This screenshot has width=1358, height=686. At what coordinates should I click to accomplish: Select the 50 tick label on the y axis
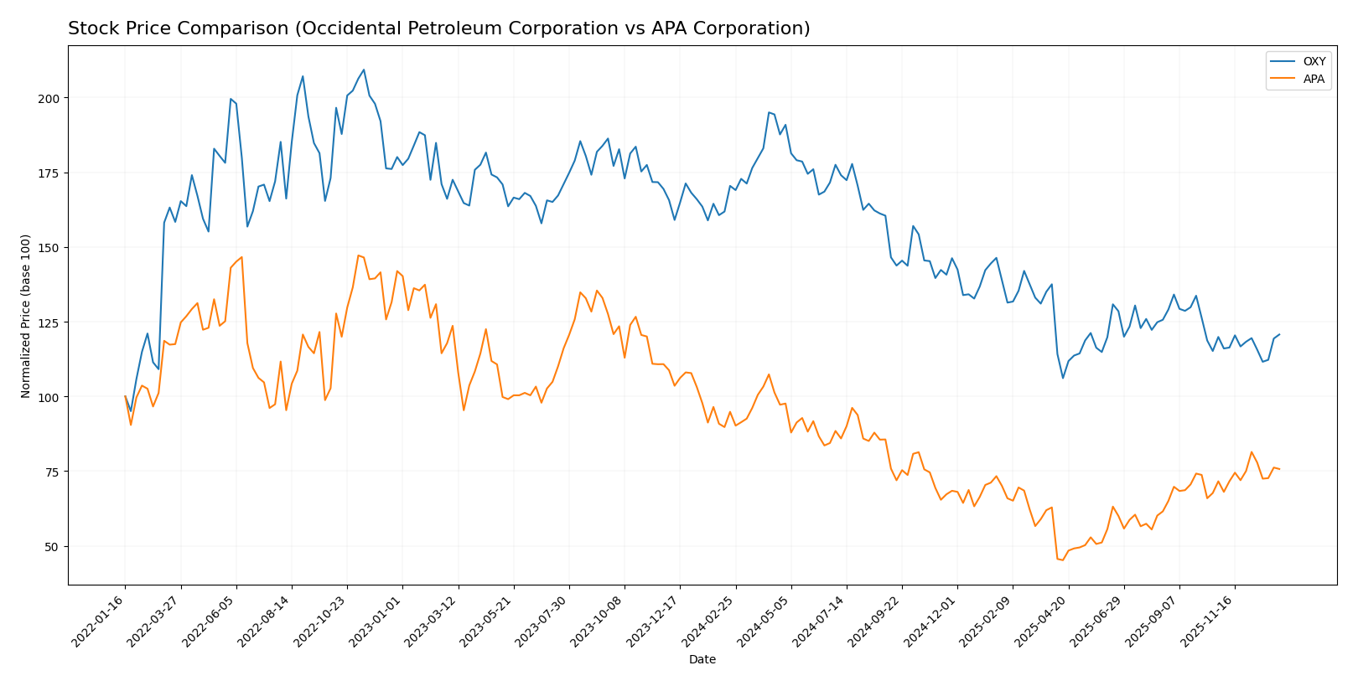pos(52,546)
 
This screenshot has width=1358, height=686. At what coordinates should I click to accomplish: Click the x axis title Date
pos(702,660)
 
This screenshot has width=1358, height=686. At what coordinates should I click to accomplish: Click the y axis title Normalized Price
pos(26,316)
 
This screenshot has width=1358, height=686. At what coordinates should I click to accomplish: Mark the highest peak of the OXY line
pos(363,70)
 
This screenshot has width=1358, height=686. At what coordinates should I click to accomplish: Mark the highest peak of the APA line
pos(358,255)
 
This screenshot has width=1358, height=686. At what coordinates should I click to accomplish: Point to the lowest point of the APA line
pos(1063,560)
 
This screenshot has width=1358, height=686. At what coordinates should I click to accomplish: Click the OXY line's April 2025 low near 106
pos(1063,378)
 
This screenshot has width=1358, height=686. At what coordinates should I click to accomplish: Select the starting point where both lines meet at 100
pos(125,396)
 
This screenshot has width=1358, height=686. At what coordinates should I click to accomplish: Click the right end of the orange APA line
pos(1279,469)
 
